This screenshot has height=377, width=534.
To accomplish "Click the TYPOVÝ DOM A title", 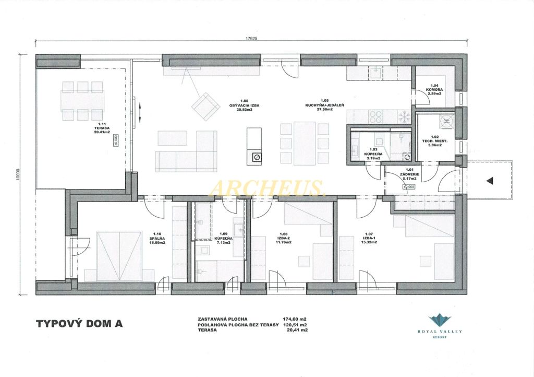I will click(79, 324).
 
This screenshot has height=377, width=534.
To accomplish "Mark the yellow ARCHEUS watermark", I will click(266, 187).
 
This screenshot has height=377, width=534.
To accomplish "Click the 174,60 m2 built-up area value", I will click(295, 319).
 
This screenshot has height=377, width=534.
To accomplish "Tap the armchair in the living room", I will click(206, 107).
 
